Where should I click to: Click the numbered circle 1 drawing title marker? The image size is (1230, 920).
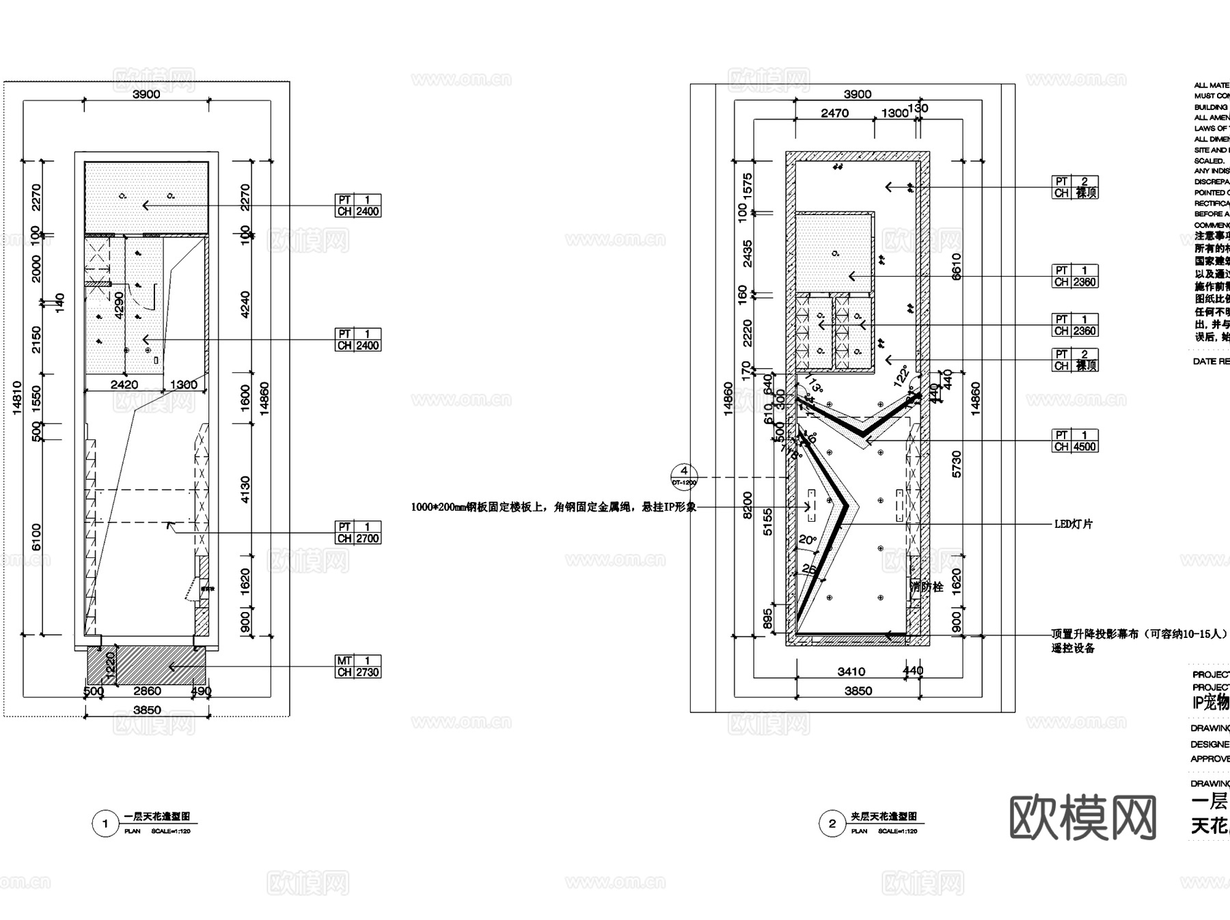[x=105, y=824]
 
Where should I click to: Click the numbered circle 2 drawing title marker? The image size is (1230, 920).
[x=832, y=824]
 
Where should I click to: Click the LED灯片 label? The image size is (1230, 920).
[x=1074, y=525]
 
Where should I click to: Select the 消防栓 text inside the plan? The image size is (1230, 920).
[x=927, y=587]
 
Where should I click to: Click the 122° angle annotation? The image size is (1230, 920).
[x=902, y=375]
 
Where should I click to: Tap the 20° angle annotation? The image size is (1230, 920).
[x=807, y=540]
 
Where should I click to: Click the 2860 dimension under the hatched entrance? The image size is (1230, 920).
[x=147, y=691]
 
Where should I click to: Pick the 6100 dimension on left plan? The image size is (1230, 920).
[x=36, y=537]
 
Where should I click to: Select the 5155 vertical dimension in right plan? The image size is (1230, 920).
[x=768, y=521]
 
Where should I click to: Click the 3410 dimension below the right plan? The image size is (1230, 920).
[x=851, y=672]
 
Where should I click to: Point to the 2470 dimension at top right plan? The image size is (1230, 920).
[x=834, y=113]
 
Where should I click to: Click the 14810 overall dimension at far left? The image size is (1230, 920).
[x=18, y=398]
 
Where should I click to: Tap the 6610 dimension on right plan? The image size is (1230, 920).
[x=956, y=266]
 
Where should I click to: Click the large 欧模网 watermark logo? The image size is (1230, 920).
[x=1083, y=818]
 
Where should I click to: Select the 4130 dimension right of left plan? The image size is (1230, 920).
[x=245, y=490]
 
